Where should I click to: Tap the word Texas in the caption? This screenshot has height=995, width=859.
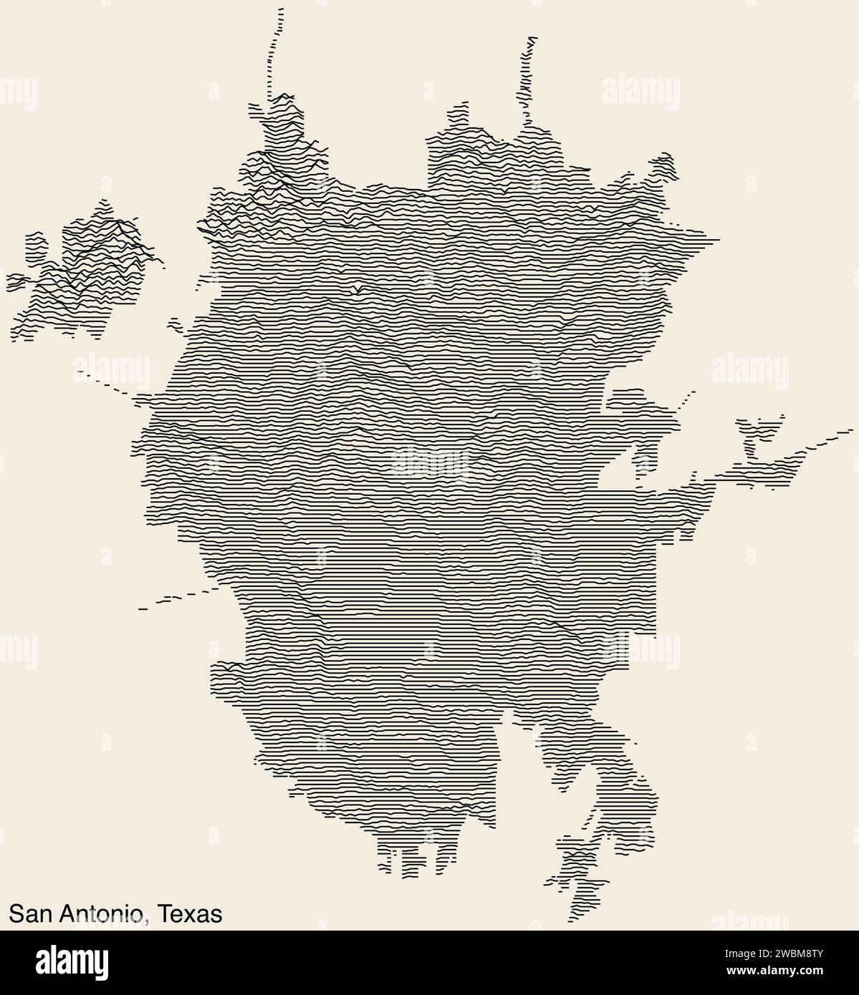coord(190,913)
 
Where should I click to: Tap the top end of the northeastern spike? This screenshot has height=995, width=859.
coord(530,37)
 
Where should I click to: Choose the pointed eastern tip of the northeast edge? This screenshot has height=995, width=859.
coord(717,238)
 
